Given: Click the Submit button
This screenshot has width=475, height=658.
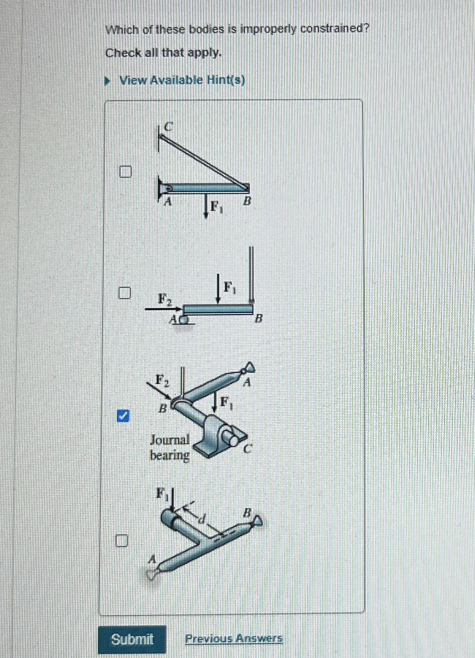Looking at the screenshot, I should pos(132,639).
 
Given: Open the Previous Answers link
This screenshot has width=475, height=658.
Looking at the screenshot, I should pos(234,638).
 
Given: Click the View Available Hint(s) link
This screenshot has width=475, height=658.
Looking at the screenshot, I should pos(182,80).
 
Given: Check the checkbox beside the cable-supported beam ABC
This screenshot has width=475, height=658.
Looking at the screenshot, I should pos(125,171).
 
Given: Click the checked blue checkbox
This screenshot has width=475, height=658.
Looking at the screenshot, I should pos(124,416).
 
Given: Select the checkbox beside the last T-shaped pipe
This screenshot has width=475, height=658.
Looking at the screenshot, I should pos(122,540).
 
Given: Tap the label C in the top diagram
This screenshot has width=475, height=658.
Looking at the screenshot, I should pos(168,127).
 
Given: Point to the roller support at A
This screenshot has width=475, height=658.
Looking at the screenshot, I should pos(185,319).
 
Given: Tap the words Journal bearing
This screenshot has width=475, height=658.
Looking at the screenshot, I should pos(170,447).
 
